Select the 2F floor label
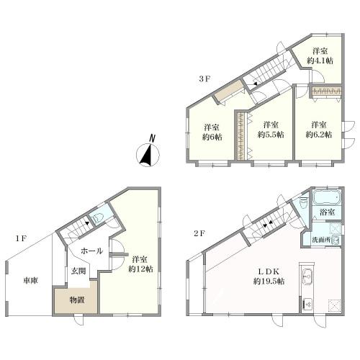(x=199, y=233)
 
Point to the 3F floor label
(x=204, y=78)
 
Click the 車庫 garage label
(x=31, y=280)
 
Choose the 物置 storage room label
(x=77, y=300)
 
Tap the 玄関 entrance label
(x=78, y=271)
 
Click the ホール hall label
(x=91, y=251)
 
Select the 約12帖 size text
(x=140, y=269)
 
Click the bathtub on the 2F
(x=327, y=197)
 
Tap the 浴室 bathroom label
(x=327, y=212)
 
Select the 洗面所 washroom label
(x=321, y=240)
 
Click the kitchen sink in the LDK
(x=307, y=276)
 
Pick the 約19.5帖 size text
(x=269, y=281)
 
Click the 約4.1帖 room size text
(x=320, y=60)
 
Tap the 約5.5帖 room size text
(x=271, y=135)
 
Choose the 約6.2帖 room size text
(x=319, y=135)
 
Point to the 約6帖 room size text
(x=212, y=137)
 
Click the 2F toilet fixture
(x=304, y=203)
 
